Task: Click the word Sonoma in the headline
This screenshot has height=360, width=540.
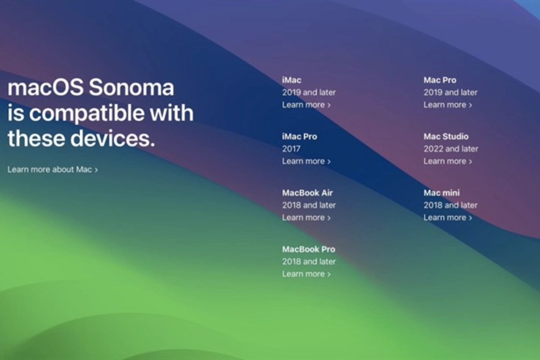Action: pos(131,87)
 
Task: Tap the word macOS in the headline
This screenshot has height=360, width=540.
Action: pos(45,87)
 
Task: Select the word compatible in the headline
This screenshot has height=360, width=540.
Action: pos(87,113)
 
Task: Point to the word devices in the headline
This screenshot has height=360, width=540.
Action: pos(112,138)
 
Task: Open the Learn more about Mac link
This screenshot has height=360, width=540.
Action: pos(53,170)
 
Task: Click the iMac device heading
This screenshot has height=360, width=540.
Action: pos(292,80)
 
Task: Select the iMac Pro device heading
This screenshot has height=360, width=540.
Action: pos(300,136)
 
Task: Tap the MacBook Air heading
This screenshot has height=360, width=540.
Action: pos(307,193)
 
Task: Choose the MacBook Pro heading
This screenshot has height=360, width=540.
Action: pos(309,249)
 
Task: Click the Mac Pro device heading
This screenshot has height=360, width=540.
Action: pos(440,80)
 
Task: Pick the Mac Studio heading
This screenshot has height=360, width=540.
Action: pos(446,136)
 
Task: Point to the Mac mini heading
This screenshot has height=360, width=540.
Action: pos(441,193)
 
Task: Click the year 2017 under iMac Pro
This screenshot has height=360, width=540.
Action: pos(291,149)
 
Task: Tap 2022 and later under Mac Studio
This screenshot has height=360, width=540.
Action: pos(451,149)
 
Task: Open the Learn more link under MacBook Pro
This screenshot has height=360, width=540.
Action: pos(306,274)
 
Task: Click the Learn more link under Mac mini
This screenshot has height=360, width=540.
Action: pos(448,217)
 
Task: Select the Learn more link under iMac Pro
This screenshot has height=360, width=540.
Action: pos(306,161)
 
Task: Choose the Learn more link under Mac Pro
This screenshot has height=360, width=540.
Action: pos(448,105)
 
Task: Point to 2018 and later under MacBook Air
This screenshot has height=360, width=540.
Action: pos(309,205)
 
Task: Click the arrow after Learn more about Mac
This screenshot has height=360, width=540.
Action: pos(96,170)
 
